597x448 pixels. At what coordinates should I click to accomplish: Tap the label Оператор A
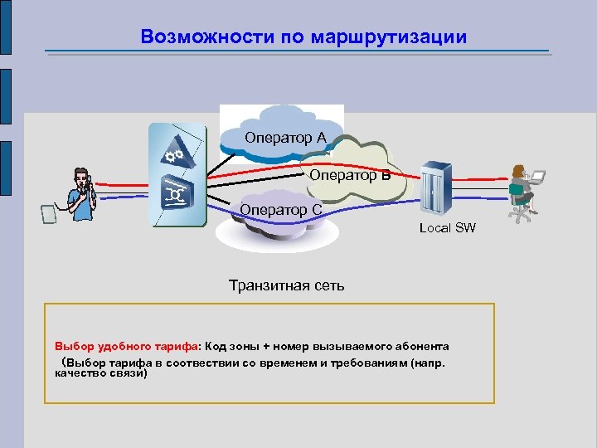click(285, 137)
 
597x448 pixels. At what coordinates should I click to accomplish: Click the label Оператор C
click(281, 210)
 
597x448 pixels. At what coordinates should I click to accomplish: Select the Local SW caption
click(448, 227)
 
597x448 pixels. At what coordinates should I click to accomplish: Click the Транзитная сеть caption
click(286, 286)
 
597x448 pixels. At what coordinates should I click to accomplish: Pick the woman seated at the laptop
click(520, 184)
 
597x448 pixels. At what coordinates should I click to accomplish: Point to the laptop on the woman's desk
click(537, 177)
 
